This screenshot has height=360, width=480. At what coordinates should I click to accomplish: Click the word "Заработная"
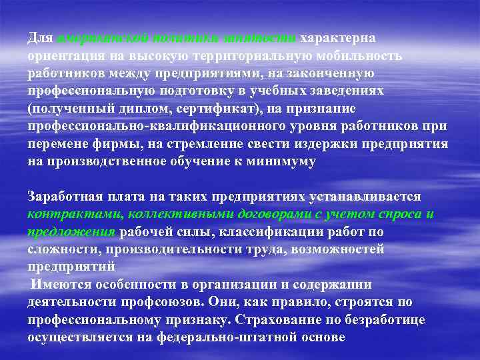tap(63, 197)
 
